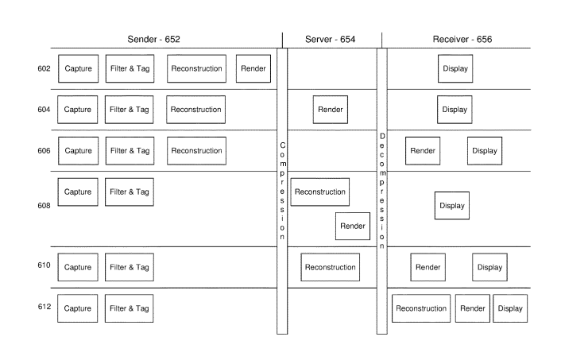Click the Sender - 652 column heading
153,39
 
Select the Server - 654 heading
330,39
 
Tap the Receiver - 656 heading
462,39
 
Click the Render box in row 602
253,68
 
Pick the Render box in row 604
331,110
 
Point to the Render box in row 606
423,151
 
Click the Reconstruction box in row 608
320,192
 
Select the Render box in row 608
353,226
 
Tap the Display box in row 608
452,205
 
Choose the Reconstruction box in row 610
331,267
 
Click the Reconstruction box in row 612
421,308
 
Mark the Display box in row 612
510,308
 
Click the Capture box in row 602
79,68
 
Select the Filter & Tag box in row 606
130,151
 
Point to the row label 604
44,110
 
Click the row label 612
44,307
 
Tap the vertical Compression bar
282,191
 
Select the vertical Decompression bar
382,191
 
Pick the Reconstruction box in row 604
195,110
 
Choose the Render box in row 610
428,267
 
